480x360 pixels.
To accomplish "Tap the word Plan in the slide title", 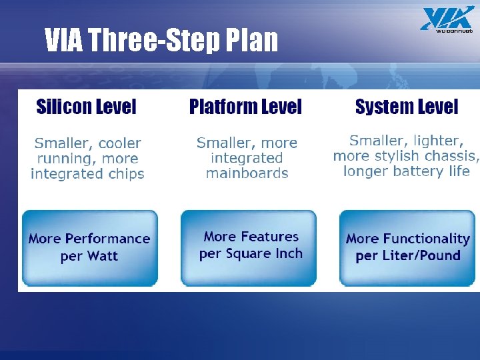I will coord(252,41).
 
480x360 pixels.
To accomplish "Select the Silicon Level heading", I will coord(86,107).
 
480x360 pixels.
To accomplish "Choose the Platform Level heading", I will coord(245,107).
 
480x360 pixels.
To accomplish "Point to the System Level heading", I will coord(407,107).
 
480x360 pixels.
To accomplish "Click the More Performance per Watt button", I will coord(90,248).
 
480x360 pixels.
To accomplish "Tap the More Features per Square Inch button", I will coord(250,245).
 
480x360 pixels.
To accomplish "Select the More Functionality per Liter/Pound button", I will coord(408,247).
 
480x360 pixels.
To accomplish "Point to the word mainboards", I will coord(247,173).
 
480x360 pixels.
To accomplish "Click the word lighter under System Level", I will coord(437,141).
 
